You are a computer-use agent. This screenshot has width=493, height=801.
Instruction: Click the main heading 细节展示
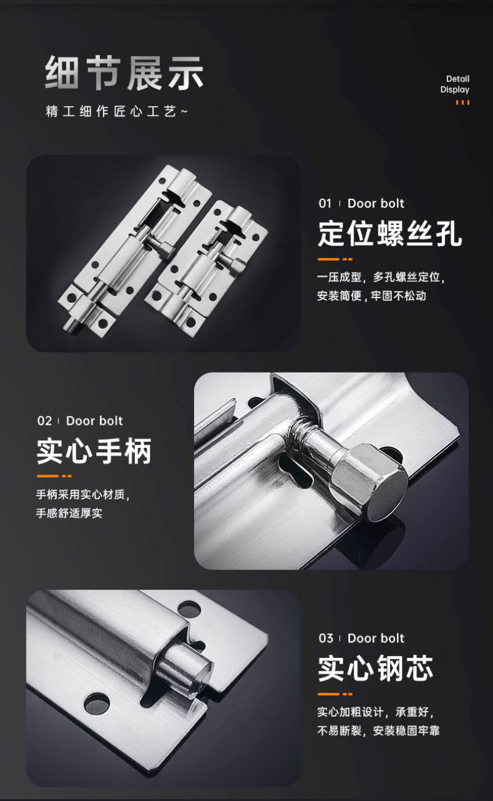click(x=124, y=73)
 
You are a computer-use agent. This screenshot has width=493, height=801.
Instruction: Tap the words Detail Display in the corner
click(x=455, y=84)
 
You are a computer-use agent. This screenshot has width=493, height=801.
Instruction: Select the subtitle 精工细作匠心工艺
click(x=116, y=111)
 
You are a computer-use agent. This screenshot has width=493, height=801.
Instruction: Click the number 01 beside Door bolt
click(x=325, y=204)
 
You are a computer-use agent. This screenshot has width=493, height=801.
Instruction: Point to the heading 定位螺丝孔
click(x=390, y=233)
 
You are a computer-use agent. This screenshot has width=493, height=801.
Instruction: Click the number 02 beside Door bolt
click(x=44, y=421)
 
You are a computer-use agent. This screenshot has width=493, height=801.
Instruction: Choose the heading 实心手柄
click(x=94, y=450)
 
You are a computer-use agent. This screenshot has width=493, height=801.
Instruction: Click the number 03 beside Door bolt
click(x=326, y=638)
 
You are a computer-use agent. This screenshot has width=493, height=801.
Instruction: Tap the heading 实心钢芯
click(x=375, y=668)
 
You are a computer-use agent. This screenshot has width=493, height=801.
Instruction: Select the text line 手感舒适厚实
click(x=69, y=513)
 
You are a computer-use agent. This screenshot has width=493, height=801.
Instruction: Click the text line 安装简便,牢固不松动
click(x=372, y=296)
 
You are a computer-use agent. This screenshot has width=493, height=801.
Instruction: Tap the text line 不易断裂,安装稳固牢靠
click(x=378, y=731)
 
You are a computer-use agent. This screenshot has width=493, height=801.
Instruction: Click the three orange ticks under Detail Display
click(x=463, y=102)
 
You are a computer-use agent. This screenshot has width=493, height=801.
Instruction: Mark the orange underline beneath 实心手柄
click(x=54, y=476)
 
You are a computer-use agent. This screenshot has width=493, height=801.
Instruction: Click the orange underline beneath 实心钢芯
click(x=335, y=694)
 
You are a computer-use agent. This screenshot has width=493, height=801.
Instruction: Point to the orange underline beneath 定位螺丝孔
click(x=335, y=259)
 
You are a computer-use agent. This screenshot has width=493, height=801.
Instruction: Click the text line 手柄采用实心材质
click(x=83, y=494)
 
